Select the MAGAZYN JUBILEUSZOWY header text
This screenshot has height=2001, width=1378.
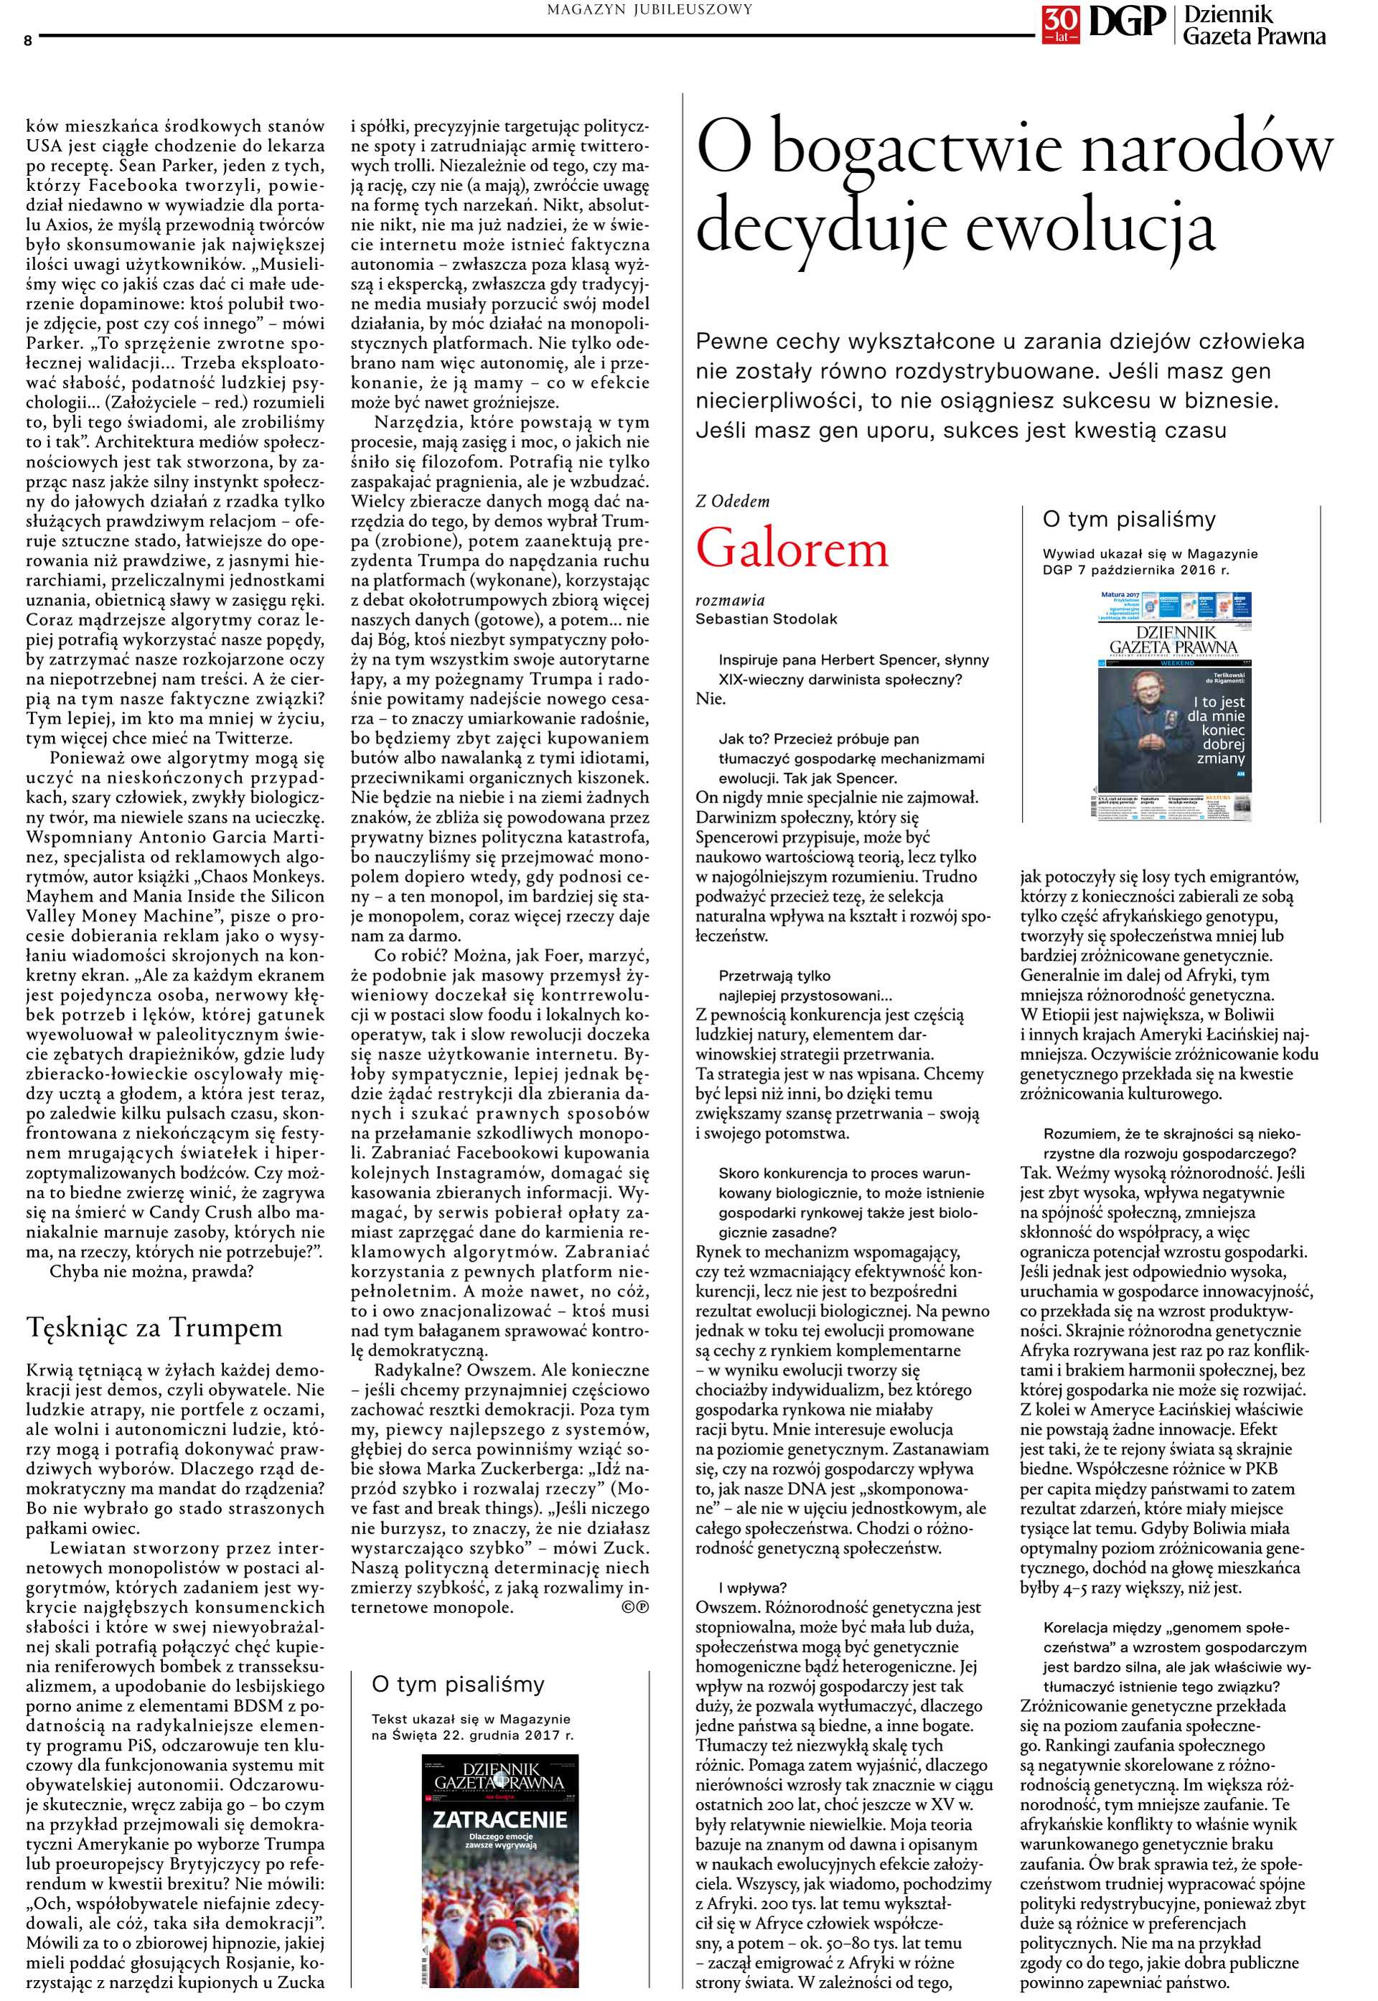(650, 9)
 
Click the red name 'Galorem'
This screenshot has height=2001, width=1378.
(792, 549)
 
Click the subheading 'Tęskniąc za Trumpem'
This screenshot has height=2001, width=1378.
(154, 1327)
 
